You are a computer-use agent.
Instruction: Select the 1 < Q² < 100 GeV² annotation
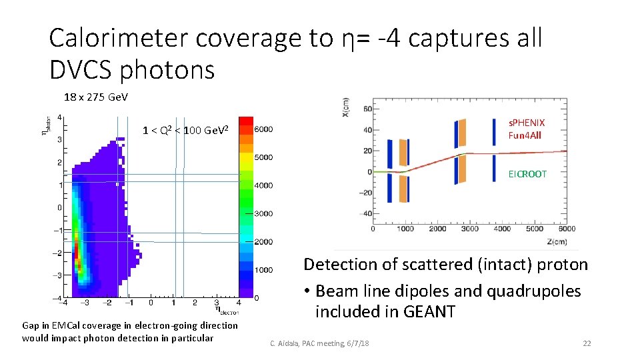pos(185,129)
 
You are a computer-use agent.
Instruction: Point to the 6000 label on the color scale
pos(265,129)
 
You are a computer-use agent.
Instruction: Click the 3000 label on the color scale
pos(265,214)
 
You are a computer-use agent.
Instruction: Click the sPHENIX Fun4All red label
pos(526,129)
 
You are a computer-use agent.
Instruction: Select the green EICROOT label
pos(527,174)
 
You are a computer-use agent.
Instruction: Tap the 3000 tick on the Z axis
pos(471,229)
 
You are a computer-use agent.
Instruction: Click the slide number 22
pos(587,343)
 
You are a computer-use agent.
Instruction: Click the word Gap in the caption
pos(31,325)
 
